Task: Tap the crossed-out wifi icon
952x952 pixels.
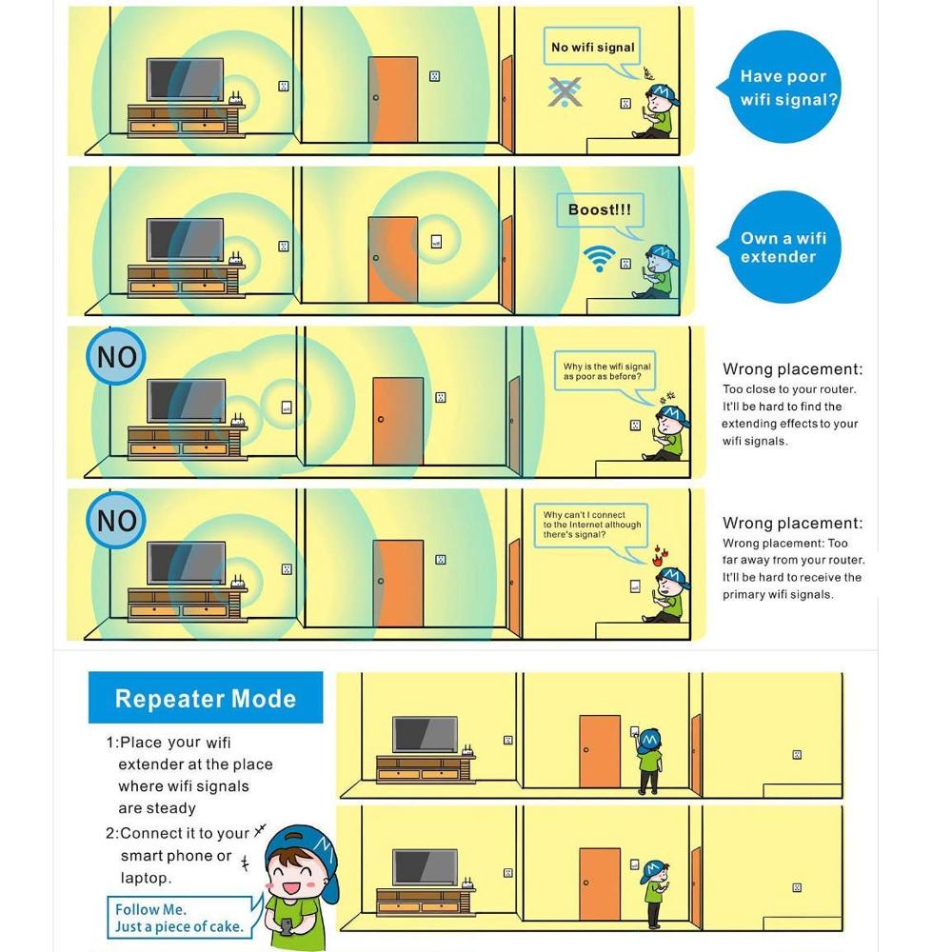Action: coord(565,91)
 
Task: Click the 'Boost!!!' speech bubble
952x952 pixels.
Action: coord(599,210)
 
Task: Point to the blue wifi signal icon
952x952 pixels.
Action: coord(599,258)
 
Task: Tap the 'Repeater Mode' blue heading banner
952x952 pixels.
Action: coord(206,699)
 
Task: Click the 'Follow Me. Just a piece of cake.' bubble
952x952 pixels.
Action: coord(179,918)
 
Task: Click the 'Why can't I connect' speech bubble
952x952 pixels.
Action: coord(592,525)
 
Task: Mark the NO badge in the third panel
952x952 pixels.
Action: coord(117,358)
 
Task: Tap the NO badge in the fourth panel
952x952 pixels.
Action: coord(117,521)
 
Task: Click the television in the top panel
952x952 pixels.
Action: coord(185,80)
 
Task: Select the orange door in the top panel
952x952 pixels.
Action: coord(393,100)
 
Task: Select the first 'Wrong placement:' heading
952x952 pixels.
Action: coord(792,369)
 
